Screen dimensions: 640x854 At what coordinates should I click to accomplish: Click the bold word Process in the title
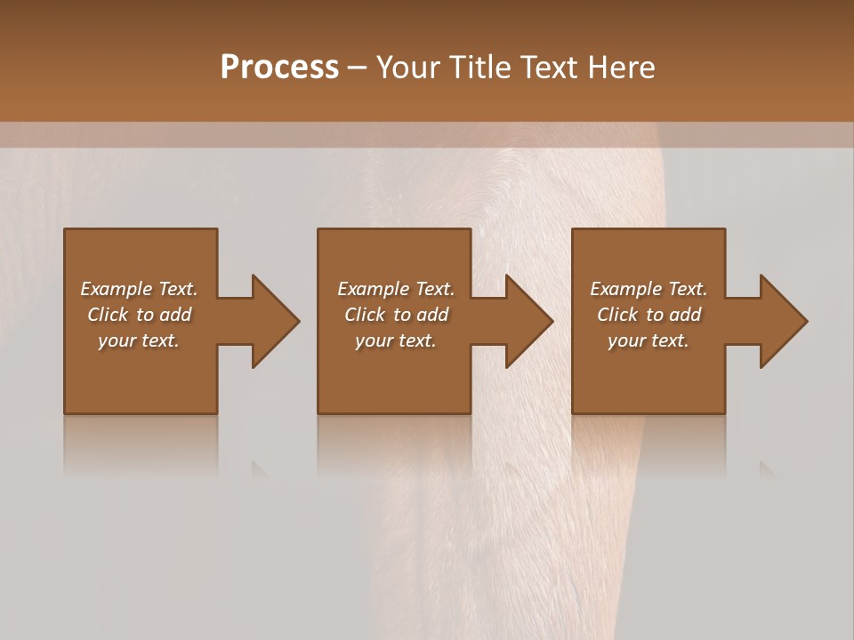click(279, 68)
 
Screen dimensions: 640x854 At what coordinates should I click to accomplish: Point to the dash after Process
click(357, 68)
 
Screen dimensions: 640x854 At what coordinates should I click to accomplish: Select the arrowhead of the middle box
click(528, 321)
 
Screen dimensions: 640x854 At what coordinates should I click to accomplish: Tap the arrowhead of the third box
click(782, 321)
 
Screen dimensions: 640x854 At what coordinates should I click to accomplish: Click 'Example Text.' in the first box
click(139, 289)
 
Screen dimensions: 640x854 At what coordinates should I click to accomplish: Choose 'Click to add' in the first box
click(139, 315)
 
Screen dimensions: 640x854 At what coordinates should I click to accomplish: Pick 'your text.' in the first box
click(139, 340)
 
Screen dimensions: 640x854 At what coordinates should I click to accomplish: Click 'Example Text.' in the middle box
click(395, 289)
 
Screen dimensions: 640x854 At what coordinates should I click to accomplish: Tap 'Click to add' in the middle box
click(395, 315)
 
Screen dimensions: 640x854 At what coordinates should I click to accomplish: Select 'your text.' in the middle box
click(395, 340)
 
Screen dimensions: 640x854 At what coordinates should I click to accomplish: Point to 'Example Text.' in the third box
click(649, 289)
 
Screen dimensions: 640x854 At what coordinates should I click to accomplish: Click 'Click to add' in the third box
click(649, 315)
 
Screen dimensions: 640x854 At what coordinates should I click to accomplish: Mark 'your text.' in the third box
click(649, 340)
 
